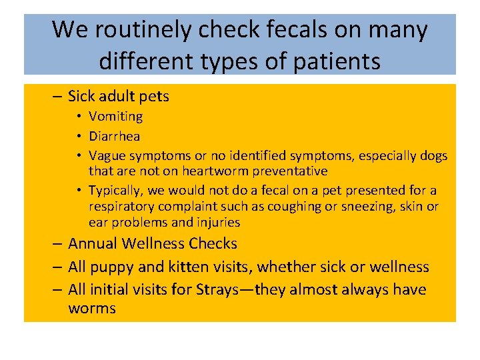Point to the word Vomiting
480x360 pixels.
[116, 117]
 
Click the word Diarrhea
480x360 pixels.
[115, 136]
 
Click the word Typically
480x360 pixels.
[116, 191]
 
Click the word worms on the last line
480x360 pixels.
[92, 308]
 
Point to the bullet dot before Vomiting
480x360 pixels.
[79, 117]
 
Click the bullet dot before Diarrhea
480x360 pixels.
[79, 137]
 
